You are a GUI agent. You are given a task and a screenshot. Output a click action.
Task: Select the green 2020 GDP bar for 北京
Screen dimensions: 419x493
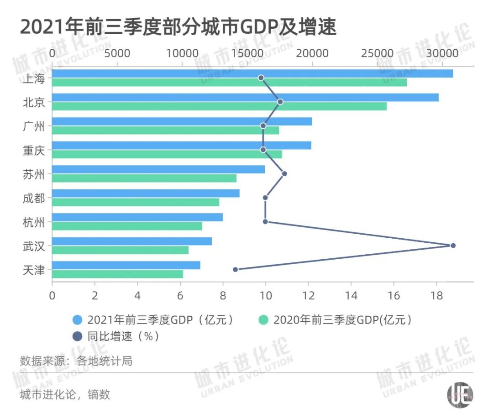click(x=219, y=106)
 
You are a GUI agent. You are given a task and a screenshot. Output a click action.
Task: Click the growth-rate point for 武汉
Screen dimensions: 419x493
click(x=453, y=246)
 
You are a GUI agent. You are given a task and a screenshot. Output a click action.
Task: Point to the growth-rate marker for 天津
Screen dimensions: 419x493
click(x=236, y=269)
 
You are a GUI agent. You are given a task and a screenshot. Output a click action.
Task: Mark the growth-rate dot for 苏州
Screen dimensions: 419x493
click(x=284, y=173)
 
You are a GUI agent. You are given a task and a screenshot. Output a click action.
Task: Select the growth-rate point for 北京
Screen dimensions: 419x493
click(x=280, y=102)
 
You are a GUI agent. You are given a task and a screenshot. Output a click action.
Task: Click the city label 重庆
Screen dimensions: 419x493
click(x=34, y=150)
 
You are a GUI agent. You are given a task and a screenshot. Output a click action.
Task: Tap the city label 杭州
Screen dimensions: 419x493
click(x=34, y=222)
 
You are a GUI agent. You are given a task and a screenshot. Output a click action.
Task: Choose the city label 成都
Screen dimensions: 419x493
click(x=34, y=199)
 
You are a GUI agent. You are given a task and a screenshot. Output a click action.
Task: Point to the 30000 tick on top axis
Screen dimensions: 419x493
click(x=442, y=53)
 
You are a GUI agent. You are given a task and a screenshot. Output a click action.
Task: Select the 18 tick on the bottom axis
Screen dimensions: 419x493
click(x=436, y=295)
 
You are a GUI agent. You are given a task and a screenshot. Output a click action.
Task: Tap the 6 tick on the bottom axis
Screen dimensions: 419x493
click(x=180, y=295)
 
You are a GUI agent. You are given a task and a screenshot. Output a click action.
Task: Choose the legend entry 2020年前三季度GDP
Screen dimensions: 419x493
click(x=342, y=319)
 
